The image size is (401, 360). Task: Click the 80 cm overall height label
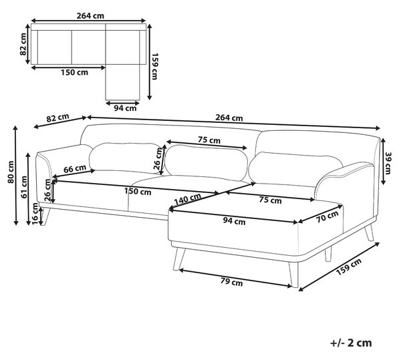click(11, 172)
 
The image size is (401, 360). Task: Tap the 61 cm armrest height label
click(24, 187)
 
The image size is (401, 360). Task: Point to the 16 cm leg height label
click(35, 214)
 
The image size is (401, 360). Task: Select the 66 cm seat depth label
click(75, 168)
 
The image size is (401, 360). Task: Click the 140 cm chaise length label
click(187, 200)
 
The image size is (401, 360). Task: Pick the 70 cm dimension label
click(327, 216)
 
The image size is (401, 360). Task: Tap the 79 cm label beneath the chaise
click(231, 282)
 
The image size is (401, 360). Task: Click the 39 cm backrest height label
click(388, 163)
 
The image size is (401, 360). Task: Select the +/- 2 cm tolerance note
click(351, 343)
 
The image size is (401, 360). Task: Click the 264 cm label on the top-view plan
click(90, 16)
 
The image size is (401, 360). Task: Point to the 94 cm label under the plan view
click(125, 108)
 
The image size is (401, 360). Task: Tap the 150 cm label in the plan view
click(74, 72)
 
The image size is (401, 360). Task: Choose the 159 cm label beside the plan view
click(155, 66)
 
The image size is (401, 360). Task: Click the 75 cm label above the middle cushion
click(209, 140)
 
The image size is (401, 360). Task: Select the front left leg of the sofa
click(45, 216)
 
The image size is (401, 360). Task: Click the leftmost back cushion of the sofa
click(126, 158)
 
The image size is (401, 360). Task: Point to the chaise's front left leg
click(179, 258)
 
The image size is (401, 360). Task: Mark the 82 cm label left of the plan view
click(23, 44)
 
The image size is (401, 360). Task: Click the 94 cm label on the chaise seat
click(234, 221)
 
